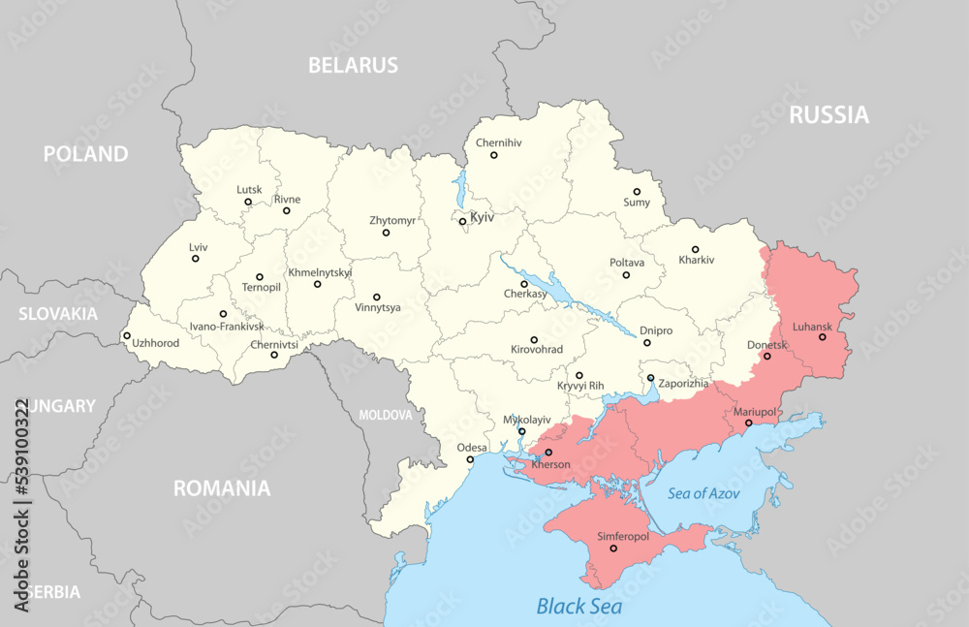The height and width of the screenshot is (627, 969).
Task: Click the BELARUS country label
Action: coord(353,66)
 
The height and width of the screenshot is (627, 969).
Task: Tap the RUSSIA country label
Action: coord(828,115)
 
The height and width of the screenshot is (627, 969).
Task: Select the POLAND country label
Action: coord(85,154)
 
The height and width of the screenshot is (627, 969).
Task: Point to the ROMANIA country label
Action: coord(222,488)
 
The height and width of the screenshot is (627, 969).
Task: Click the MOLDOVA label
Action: coord(386,415)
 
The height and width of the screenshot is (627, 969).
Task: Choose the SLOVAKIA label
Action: coord(58,314)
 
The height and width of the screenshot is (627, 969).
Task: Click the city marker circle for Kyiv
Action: coord(462,221)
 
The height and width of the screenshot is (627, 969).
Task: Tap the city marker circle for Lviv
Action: coord(195,258)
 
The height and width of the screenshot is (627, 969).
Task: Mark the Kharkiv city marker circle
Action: coord(695,249)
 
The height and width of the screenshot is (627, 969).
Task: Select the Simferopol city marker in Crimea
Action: coord(612,549)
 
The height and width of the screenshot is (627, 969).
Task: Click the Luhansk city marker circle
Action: coord(822,337)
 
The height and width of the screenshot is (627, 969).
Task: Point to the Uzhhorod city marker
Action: coord(126,336)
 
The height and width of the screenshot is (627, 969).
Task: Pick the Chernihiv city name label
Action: coord(498,142)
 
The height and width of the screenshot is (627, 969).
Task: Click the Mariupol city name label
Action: coord(754,412)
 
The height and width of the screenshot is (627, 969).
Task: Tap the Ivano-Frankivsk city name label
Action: coord(226,327)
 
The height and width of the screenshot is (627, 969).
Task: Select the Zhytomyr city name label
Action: coord(392,220)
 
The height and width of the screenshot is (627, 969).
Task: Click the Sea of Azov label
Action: coord(704,493)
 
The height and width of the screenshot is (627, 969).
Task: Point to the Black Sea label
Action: coord(579,607)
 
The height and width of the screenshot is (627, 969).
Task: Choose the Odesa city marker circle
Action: coord(471,459)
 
